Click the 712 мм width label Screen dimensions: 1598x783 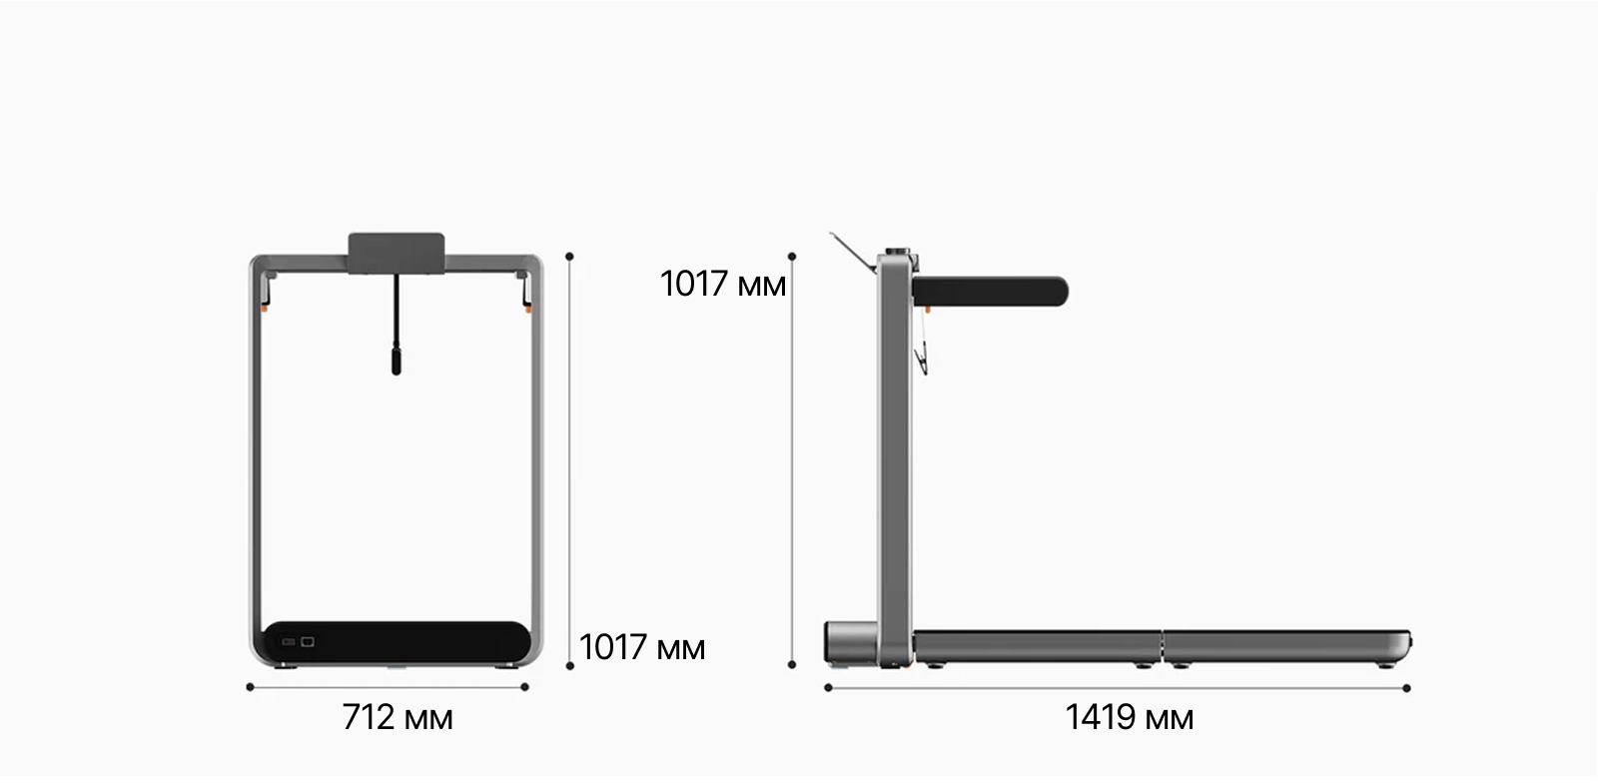click(398, 717)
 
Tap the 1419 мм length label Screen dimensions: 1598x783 click(1129, 717)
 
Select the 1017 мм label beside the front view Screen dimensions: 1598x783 click(642, 647)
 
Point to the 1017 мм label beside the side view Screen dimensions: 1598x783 click(723, 284)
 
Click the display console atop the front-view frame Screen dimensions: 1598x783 click(397, 253)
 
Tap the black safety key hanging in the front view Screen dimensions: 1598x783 click(396, 325)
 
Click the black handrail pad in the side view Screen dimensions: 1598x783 click(990, 292)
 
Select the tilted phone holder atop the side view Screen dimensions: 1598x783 click(853, 252)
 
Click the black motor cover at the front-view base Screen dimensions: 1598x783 click(397, 642)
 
